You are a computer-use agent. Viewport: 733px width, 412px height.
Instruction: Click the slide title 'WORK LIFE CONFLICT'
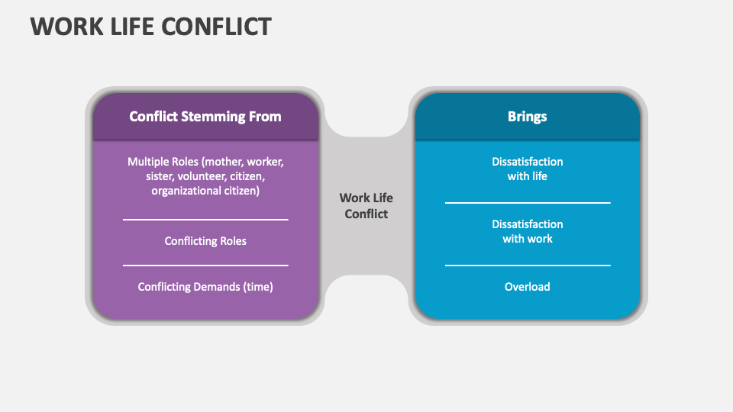[x=150, y=27]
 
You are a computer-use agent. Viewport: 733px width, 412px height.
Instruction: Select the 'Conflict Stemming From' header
[x=205, y=117]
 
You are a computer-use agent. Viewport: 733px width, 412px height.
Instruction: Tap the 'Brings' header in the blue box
[x=527, y=117]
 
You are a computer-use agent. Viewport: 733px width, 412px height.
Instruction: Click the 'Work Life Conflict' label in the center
[x=366, y=206]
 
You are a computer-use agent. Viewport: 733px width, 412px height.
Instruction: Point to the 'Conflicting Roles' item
[x=205, y=241]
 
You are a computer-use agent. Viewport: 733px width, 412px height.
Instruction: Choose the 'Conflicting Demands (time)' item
[x=205, y=287]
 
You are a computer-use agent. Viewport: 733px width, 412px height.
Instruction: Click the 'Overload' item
[x=527, y=287]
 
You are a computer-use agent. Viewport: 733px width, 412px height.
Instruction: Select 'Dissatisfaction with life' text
[x=527, y=169]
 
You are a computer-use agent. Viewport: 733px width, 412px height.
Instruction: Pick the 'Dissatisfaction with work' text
[x=527, y=231]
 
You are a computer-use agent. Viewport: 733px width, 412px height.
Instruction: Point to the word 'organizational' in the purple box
[x=184, y=191]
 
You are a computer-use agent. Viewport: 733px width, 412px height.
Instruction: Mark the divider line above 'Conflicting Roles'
[x=205, y=220]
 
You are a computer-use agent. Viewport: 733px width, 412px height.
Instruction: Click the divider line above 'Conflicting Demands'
[x=205, y=266]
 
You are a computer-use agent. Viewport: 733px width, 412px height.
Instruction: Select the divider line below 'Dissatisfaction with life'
[x=527, y=203]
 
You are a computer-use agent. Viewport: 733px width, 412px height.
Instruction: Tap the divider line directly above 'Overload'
[x=527, y=266]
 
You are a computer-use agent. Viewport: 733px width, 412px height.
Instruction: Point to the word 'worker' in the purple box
[x=265, y=162]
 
